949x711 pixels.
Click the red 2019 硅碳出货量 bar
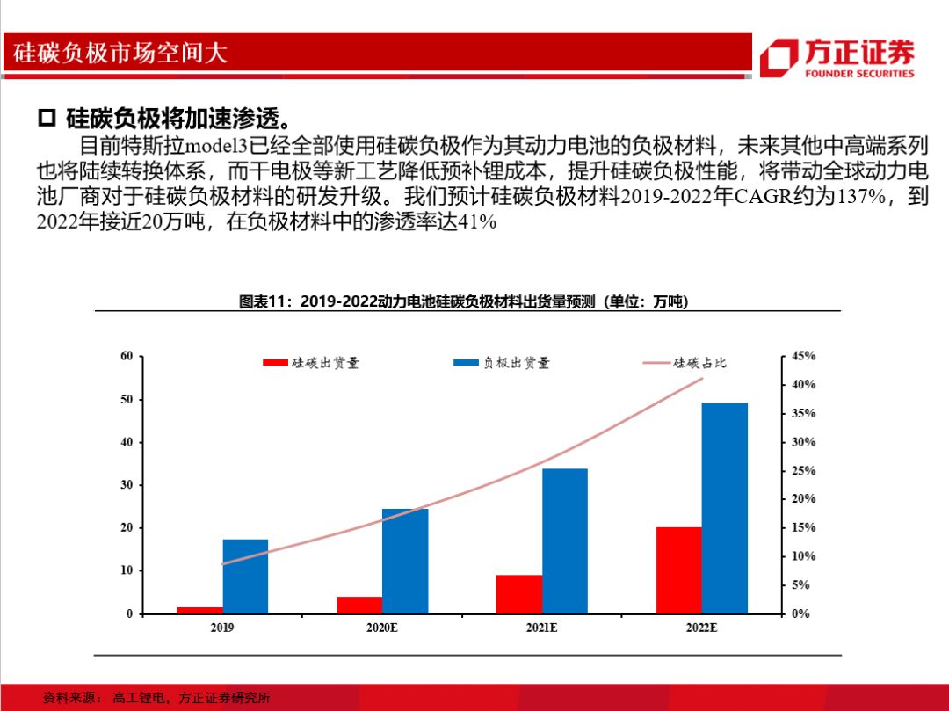click(x=199, y=609)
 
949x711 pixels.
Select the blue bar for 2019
click(x=245, y=576)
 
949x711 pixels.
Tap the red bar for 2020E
click(x=359, y=605)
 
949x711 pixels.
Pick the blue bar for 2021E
click(x=564, y=541)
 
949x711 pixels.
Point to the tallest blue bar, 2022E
click(x=724, y=507)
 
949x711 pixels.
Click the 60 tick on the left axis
click(x=127, y=356)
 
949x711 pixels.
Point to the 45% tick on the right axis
click(x=803, y=356)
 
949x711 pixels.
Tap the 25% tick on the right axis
click(x=803, y=471)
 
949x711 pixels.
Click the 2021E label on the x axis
click(x=540, y=628)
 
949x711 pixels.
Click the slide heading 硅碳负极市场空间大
click(x=120, y=53)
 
